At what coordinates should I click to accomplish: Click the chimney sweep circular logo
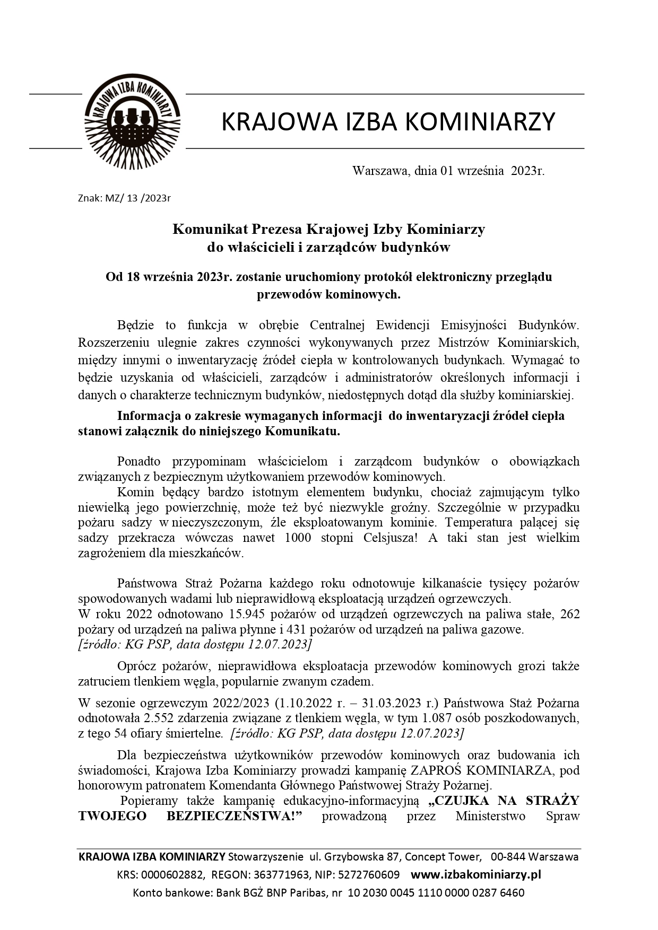pyautogui.click(x=132, y=121)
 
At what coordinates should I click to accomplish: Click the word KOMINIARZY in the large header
pyautogui.click(x=480, y=121)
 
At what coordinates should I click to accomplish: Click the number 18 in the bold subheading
pyautogui.click(x=133, y=277)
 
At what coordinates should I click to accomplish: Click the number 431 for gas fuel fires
pyautogui.click(x=296, y=630)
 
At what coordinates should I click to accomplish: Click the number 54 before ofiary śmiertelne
pyautogui.click(x=120, y=734)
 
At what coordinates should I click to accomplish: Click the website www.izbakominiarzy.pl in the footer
pyautogui.click(x=476, y=874)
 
